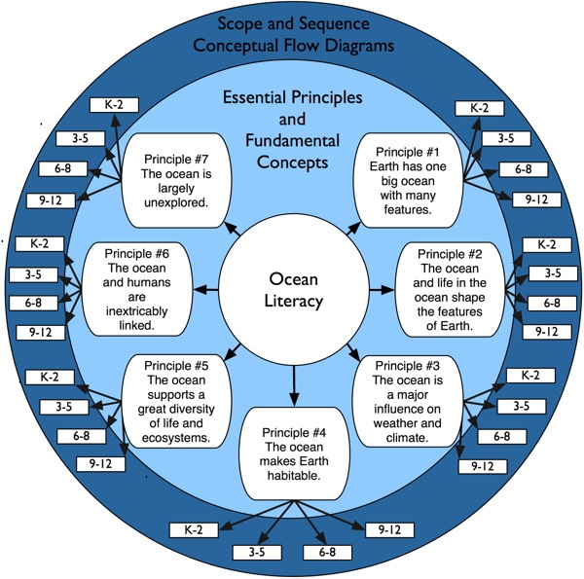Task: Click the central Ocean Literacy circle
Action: point(293,289)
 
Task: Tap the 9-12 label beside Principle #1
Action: point(536,199)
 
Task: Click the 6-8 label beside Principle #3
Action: point(502,436)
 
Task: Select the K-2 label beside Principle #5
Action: point(43,377)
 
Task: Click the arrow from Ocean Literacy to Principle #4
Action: point(293,383)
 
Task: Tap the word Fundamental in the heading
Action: point(291,141)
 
